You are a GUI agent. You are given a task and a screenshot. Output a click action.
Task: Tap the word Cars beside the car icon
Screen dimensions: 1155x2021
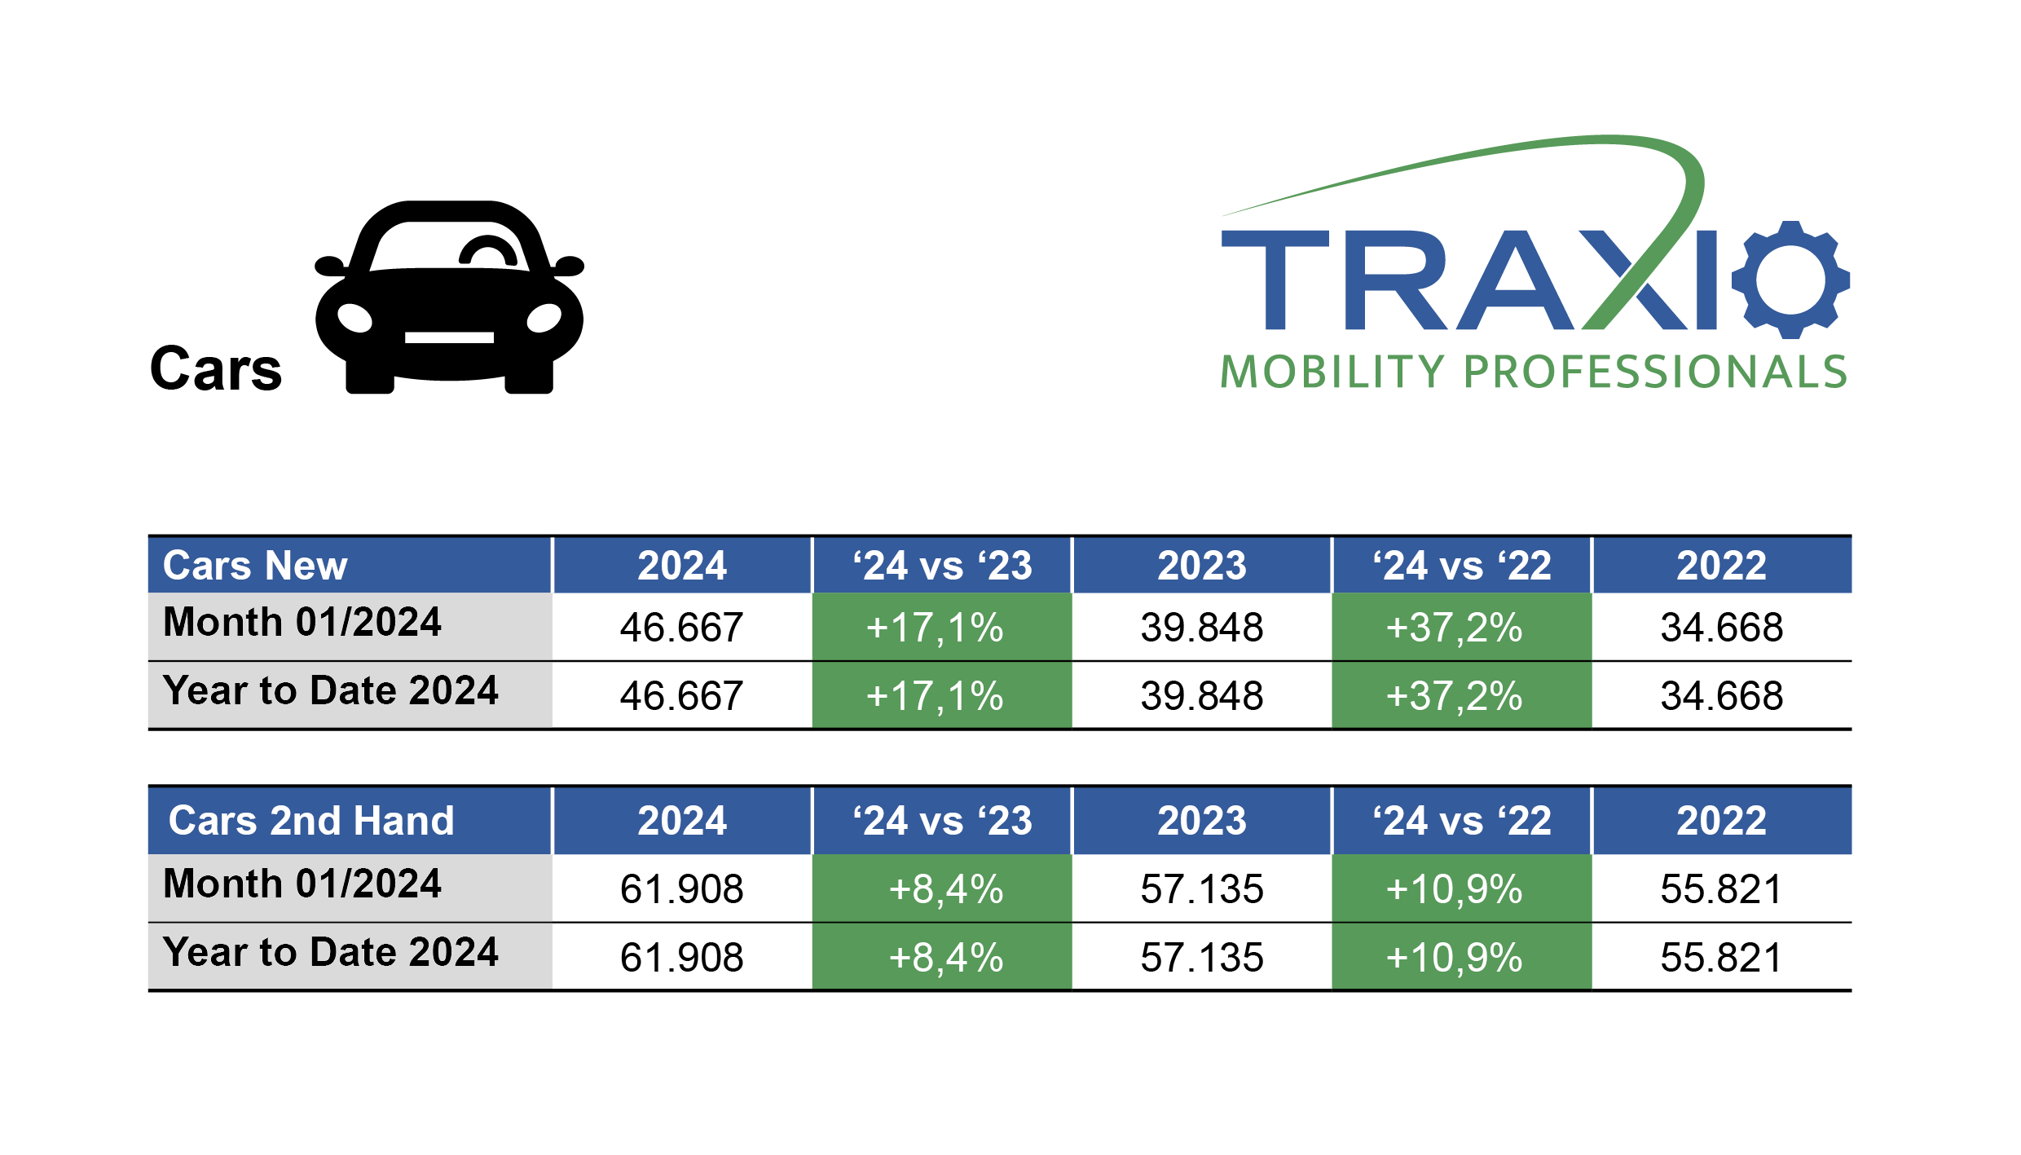[x=216, y=369]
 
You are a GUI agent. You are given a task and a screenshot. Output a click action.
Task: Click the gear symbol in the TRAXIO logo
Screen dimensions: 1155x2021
[x=1790, y=280]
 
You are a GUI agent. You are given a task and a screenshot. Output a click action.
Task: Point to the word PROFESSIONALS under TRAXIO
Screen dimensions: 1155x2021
[x=1655, y=373]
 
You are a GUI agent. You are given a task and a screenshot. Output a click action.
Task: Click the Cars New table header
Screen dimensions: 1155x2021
[x=255, y=566]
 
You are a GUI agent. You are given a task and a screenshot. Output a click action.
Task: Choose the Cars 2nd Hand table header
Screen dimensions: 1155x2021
[x=310, y=821]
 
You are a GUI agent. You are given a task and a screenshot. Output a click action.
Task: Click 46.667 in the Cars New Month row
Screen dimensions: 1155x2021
[x=681, y=628]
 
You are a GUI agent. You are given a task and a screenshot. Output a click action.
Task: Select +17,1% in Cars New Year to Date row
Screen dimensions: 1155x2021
[x=935, y=696]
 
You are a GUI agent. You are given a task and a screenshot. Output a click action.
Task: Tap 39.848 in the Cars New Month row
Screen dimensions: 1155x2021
[x=1202, y=628]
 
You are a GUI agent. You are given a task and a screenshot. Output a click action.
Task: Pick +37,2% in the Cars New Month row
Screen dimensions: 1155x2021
[x=1455, y=628]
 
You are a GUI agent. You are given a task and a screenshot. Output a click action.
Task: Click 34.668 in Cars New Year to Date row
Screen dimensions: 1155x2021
[x=1722, y=696]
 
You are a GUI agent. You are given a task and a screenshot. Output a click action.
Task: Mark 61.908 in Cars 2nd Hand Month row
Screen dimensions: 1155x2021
[x=681, y=888]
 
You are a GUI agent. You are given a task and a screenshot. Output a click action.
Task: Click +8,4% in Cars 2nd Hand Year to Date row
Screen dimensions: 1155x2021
[x=945, y=957]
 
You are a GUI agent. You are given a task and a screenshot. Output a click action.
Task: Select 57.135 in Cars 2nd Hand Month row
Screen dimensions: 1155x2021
[x=1202, y=888]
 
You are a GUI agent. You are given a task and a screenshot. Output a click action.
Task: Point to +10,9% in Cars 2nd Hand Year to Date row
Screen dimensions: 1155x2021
[x=1455, y=957]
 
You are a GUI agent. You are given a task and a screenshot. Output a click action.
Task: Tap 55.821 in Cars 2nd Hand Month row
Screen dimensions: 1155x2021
[x=1722, y=888]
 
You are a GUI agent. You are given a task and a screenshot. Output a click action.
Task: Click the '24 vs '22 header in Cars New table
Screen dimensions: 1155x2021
[x=1462, y=566]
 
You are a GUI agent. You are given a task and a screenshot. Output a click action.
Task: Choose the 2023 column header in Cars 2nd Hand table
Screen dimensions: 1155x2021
[x=1202, y=821]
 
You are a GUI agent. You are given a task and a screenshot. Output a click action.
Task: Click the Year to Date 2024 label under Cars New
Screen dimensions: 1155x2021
[x=330, y=691]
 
